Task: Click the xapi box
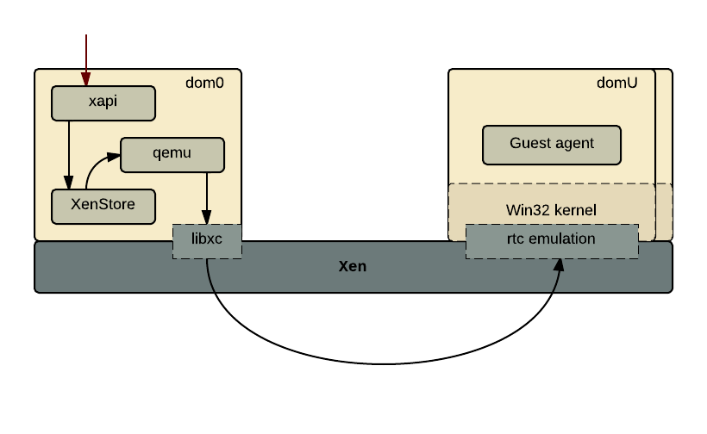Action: click(x=103, y=102)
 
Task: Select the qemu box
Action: click(x=172, y=154)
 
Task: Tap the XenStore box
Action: click(x=103, y=206)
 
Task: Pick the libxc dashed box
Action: click(x=207, y=240)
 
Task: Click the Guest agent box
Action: click(x=552, y=144)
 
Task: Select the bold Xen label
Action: click(x=352, y=266)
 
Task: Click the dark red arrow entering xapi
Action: click(x=85, y=56)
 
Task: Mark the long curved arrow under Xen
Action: click(x=379, y=363)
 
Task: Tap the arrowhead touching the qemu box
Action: click(x=114, y=157)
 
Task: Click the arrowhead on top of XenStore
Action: click(x=69, y=183)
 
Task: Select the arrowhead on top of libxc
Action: click(x=207, y=217)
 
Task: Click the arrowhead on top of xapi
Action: click(x=85, y=80)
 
